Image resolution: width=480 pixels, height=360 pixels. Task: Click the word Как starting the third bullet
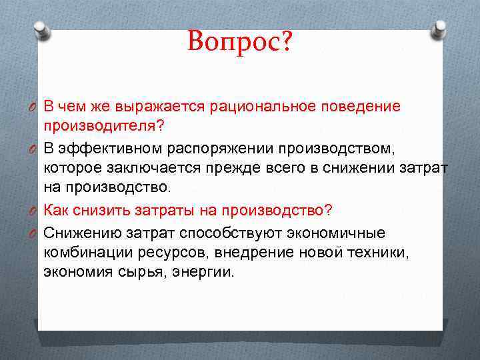point(57,210)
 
